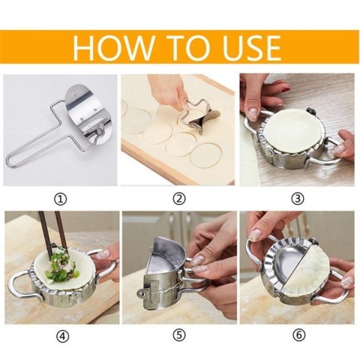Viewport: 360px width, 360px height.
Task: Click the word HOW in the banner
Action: pos(112,46)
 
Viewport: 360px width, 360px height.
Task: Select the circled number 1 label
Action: pos(61,198)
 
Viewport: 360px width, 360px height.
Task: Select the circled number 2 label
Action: pos(178,198)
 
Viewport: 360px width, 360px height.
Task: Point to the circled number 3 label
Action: pos(298,198)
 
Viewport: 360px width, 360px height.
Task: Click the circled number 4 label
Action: pos(61,335)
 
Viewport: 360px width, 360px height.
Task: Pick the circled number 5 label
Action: pos(178,335)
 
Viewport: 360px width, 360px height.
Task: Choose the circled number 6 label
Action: pos(298,335)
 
